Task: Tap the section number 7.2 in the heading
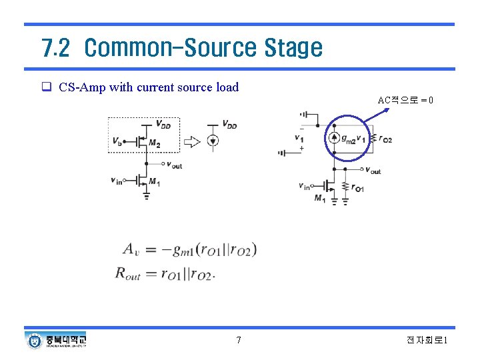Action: pos(55,48)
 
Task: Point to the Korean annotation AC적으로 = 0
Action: pos(405,101)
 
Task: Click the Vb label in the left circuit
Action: pos(117,141)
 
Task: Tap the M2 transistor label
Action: pos(155,143)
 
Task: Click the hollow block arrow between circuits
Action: pos(191,141)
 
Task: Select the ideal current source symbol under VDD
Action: pos(213,140)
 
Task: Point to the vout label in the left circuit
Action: pos(173,165)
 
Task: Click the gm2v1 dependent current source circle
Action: pos(333,139)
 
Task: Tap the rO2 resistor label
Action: pos(385,139)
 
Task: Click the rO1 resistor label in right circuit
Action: pos(358,189)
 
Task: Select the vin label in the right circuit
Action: pos(304,186)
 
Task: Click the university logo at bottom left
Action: pos(35,340)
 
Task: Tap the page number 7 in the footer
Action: pos(239,341)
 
